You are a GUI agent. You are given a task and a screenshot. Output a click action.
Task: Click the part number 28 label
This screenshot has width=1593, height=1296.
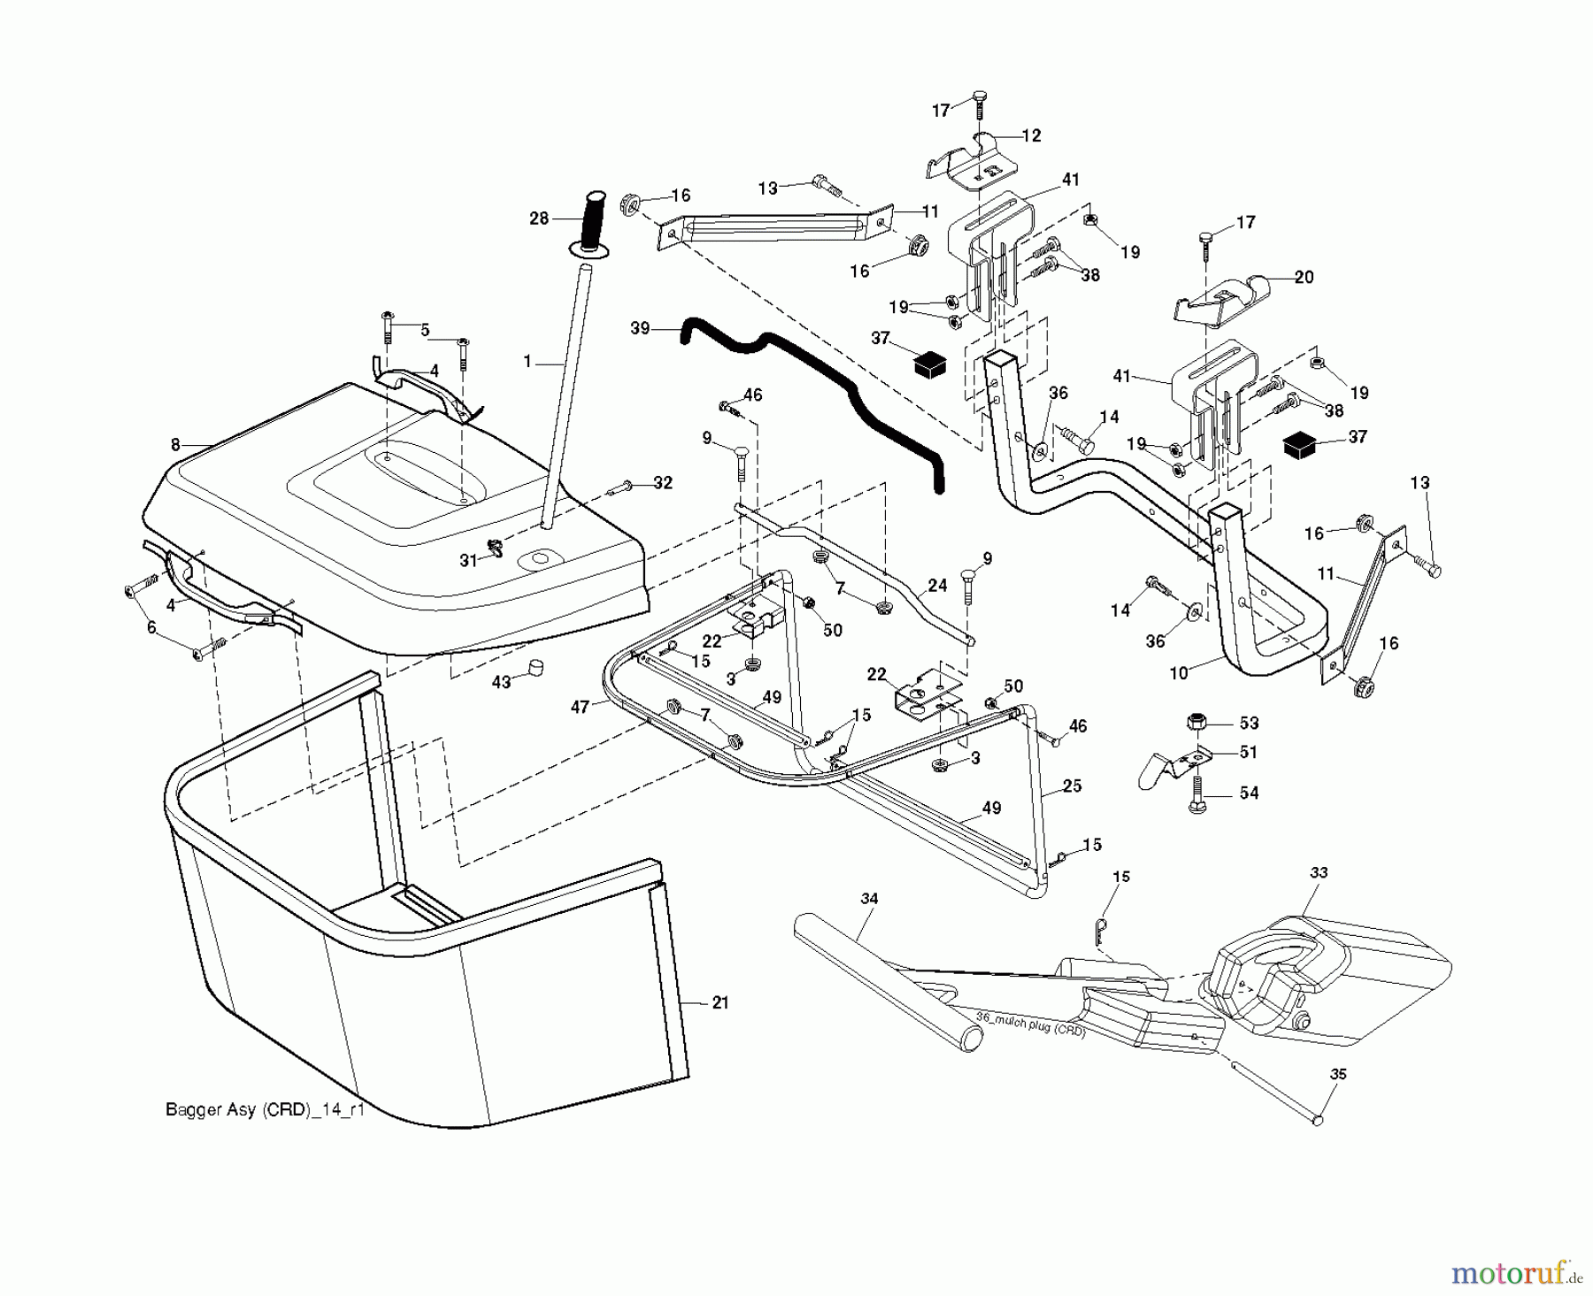(539, 218)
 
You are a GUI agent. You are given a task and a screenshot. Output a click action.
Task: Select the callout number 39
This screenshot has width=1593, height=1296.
(640, 328)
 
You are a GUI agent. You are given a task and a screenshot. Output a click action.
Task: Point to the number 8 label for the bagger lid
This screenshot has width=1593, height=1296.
(175, 445)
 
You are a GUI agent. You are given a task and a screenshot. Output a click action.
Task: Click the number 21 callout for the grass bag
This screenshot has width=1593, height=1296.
(720, 1002)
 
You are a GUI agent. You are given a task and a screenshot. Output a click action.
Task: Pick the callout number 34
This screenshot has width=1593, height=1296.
(869, 899)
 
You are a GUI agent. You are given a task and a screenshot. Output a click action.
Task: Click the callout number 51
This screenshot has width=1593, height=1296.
(1248, 752)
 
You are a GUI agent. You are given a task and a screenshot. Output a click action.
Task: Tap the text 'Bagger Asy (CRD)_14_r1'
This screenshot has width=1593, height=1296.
(265, 1110)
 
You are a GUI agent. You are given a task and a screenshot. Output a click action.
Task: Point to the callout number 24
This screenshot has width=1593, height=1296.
(937, 585)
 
